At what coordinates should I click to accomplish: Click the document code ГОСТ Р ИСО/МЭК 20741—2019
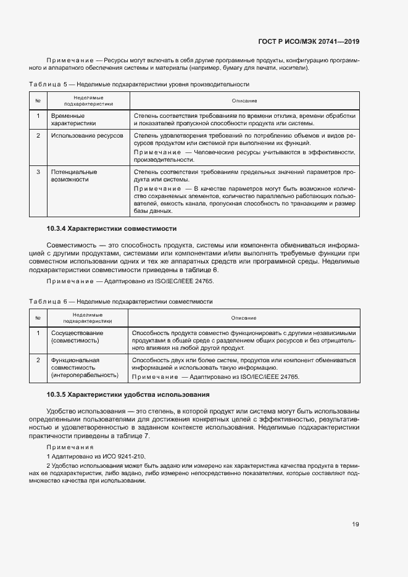tap(308, 42)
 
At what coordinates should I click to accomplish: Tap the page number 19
tap(356, 525)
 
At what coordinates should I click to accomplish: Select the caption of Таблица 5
tap(139, 84)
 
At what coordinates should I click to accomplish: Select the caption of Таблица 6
tap(121, 302)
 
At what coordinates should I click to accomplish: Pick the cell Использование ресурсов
tap(87, 135)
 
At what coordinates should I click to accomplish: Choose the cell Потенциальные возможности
tap(74, 175)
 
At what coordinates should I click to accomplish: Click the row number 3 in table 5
tap(38, 172)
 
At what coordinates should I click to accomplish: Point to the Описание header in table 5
tap(244, 101)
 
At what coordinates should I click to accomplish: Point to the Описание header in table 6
tap(244, 318)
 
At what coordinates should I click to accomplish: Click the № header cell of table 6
tap(38, 318)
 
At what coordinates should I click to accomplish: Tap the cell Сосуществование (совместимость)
tap(77, 337)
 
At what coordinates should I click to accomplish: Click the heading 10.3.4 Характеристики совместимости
tap(112, 228)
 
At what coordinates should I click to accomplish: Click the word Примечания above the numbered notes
tap(70, 447)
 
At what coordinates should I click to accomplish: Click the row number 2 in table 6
tap(38, 360)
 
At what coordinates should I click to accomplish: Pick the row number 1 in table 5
tap(38, 115)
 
